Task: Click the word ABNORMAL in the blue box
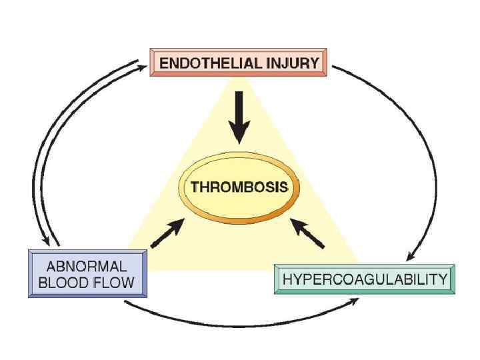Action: tap(87, 265)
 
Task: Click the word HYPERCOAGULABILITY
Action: tap(365, 279)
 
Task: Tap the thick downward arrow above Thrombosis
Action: tap(240, 123)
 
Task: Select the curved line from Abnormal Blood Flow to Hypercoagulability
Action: tap(240, 325)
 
